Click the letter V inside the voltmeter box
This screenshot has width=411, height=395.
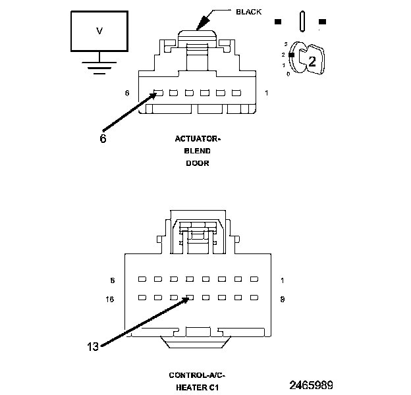tap(99, 31)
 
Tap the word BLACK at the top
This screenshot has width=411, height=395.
tap(248, 12)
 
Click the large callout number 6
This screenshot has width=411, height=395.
tap(103, 139)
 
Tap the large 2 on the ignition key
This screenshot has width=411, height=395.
tap(312, 62)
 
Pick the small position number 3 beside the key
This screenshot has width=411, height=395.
tap(286, 43)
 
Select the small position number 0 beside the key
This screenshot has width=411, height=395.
tap(288, 74)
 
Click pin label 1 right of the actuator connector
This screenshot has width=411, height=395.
tap(266, 93)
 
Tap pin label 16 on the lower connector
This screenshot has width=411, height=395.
tap(111, 298)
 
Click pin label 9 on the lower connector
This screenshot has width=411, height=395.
tap(282, 298)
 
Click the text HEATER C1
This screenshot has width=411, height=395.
tap(197, 387)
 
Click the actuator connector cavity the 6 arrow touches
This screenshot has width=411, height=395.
tap(157, 93)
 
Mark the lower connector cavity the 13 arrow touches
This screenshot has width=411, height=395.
tap(190, 298)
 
